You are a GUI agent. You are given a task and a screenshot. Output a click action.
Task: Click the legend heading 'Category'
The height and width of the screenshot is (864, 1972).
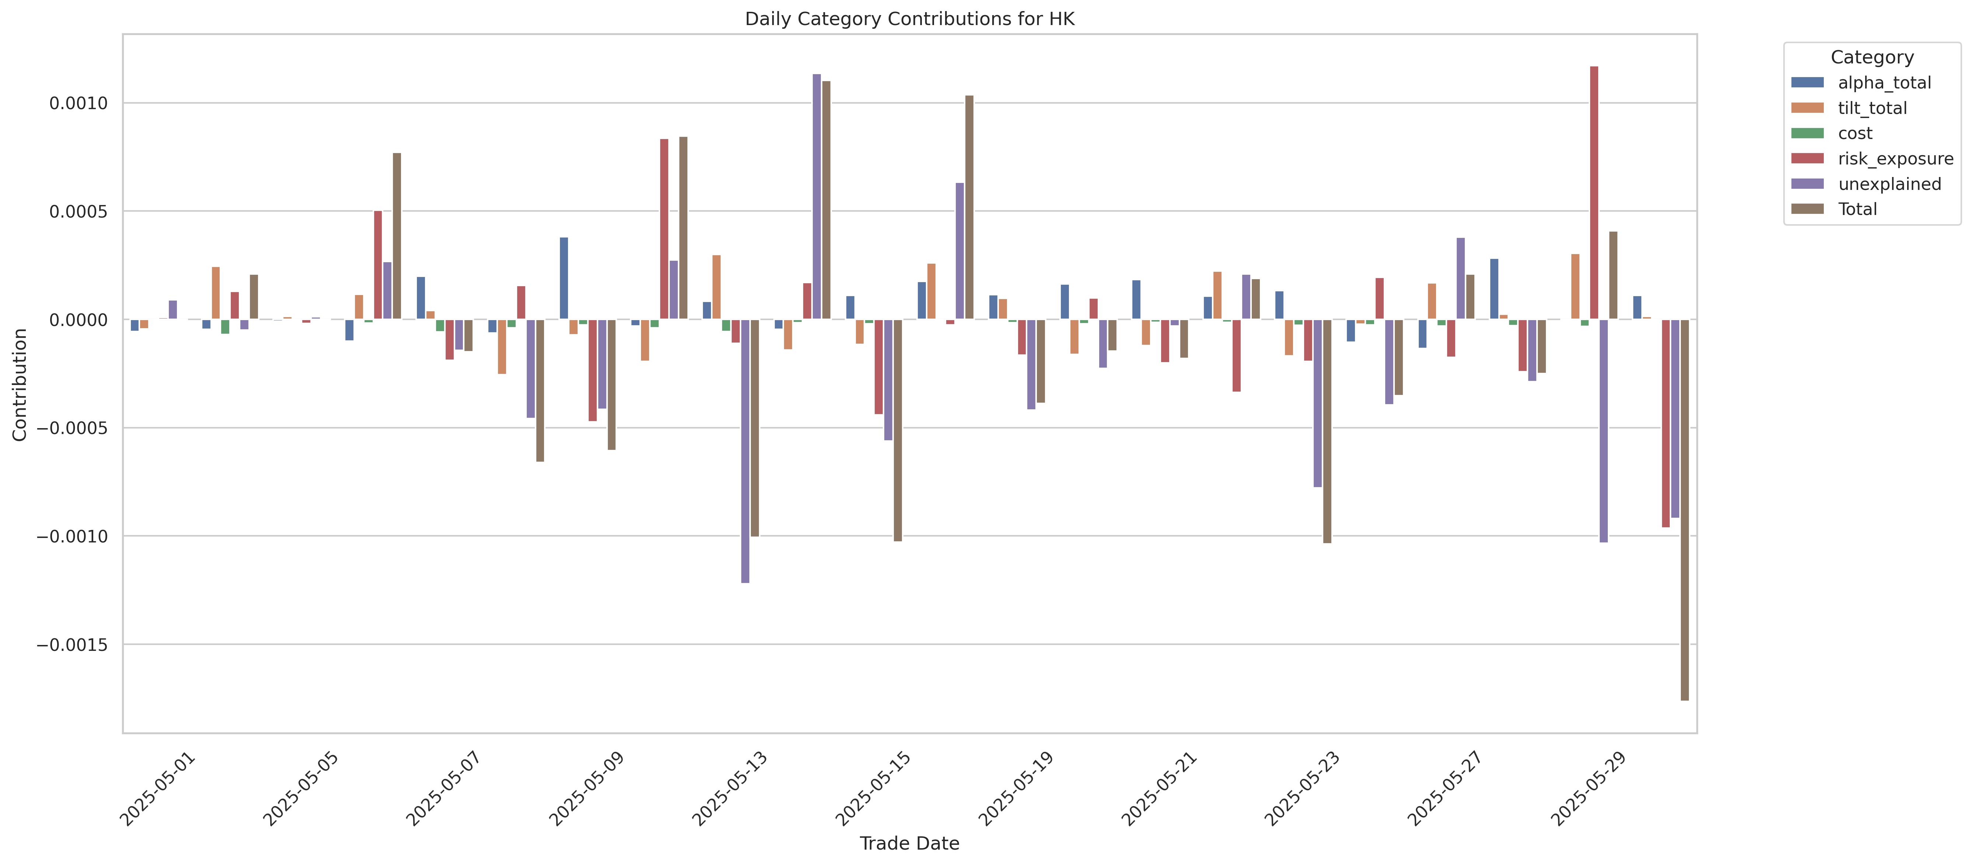1872,58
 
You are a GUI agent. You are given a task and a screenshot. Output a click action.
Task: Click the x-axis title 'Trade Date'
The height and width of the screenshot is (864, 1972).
909,843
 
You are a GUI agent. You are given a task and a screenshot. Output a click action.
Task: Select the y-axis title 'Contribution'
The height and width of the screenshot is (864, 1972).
20,385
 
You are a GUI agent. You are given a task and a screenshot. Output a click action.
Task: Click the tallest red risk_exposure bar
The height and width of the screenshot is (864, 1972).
1594,191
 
